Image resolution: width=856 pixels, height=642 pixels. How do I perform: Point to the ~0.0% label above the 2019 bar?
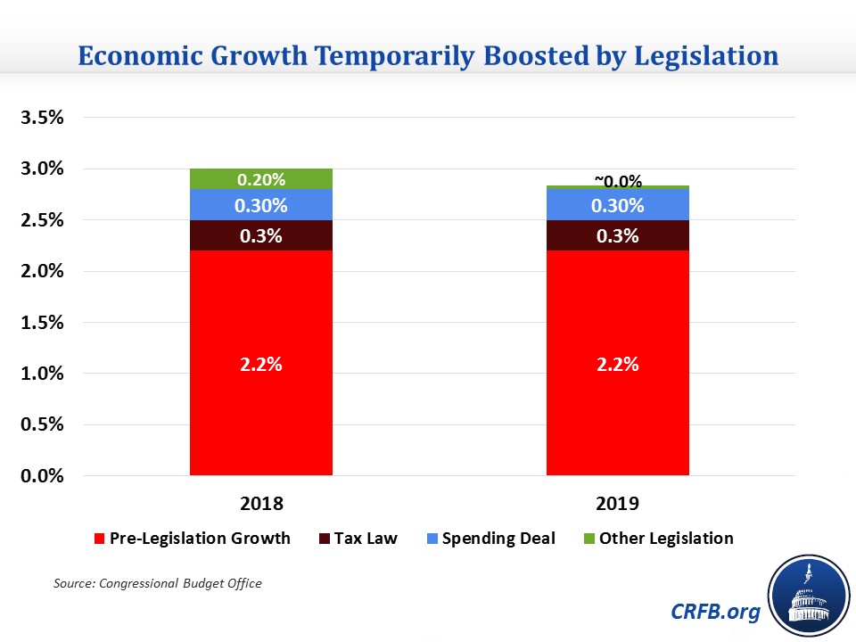click(618, 181)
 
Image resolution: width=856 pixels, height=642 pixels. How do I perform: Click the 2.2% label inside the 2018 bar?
click(261, 364)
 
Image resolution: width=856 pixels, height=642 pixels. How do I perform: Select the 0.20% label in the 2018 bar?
click(261, 179)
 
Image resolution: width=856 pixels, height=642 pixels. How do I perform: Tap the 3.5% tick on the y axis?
click(43, 118)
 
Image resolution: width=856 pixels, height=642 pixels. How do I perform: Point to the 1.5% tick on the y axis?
click(43, 323)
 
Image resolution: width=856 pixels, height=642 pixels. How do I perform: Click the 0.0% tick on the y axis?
click(43, 476)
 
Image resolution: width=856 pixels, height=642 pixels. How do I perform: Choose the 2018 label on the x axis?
click(261, 503)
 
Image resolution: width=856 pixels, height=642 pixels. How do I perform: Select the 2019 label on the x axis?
click(618, 503)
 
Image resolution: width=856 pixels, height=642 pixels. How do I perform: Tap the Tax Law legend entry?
click(365, 538)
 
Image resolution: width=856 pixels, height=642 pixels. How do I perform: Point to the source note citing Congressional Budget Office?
click(158, 583)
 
